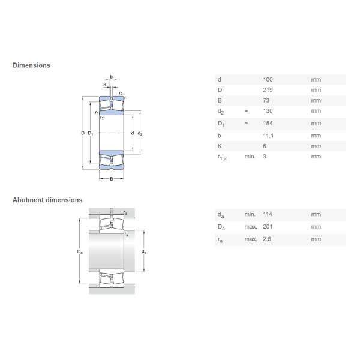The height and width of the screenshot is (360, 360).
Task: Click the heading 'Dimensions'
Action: pyautogui.click(x=31, y=65)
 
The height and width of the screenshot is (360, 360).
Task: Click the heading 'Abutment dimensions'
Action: pyautogui.click(x=47, y=200)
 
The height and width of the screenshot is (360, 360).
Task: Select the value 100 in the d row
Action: pyautogui.click(x=268, y=80)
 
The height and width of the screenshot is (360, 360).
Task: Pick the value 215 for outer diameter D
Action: pyautogui.click(x=268, y=90)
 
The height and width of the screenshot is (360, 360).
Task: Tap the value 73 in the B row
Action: pyautogui.click(x=266, y=100)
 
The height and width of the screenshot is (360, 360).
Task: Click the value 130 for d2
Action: pyautogui.click(x=268, y=111)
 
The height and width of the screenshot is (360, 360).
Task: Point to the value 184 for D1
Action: pyautogui.click(x=268, y=123)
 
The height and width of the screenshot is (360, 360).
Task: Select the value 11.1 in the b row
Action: pyautogui.click(x=268, y=136)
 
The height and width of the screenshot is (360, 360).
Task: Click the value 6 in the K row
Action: pyautogui.click(x=265, y=146)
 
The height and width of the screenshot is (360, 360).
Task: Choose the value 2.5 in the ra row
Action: pyautogui.click(x=267, y=239)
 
